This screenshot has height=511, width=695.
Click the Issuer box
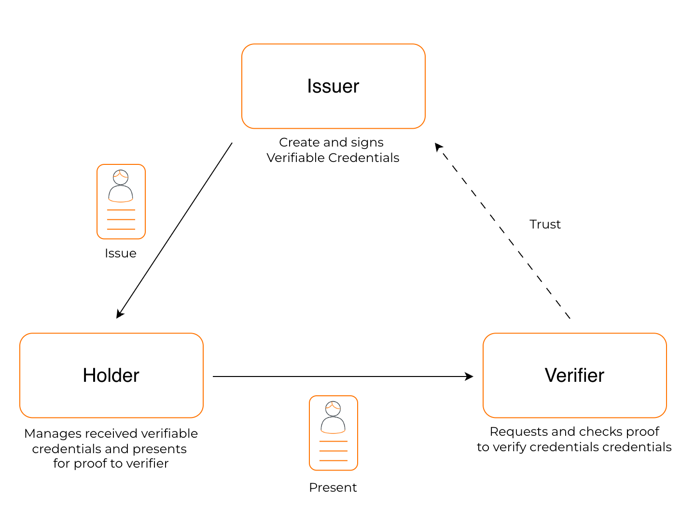point(333,86)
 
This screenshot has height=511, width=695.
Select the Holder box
point(111,376)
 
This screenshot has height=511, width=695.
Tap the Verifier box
point(574,376)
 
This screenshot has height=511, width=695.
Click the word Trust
point(545,224)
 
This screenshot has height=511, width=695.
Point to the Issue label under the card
point(121,253)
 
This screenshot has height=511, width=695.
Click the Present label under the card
point(333,487)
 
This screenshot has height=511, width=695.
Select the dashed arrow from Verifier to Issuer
point(502,230)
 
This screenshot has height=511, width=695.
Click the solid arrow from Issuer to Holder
point(175,230)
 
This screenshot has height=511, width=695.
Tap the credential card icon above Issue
point(121,202)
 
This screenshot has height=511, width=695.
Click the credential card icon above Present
point(334,433)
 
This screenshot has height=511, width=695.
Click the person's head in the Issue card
point(121,177)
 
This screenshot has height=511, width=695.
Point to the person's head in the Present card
point(333,408)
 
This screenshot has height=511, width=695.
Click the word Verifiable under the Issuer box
point(296,158)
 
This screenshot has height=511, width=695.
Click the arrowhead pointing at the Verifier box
point(469,377)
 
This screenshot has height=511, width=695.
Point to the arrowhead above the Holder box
point(119,314)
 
